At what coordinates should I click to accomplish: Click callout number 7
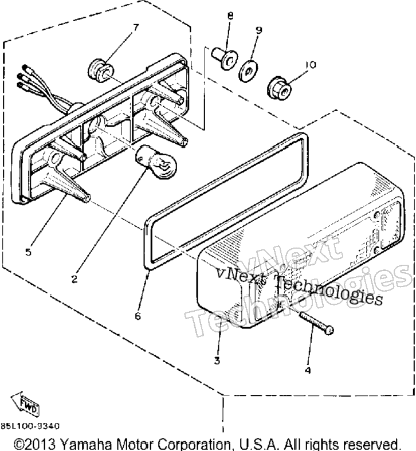(x=135, y=28)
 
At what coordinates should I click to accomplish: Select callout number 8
(x=230, y=16)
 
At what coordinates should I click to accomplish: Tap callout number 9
(x=259, y=30)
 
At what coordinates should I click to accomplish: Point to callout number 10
(x=311, y=65)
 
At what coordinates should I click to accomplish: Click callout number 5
(x=28, y=252)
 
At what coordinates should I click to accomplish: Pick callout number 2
(x=74, y=279)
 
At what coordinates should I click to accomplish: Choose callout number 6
(x=138, y=316)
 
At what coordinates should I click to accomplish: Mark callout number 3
(x=217, y=360)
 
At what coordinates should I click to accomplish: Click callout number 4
(x=308, y=370)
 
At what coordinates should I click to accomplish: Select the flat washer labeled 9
(x=248, y=70)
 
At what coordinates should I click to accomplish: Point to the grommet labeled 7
(x=100, y=70)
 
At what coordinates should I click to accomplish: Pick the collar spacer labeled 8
(x=225, y=59)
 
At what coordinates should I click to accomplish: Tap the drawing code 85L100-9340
(x=30, y=426)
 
